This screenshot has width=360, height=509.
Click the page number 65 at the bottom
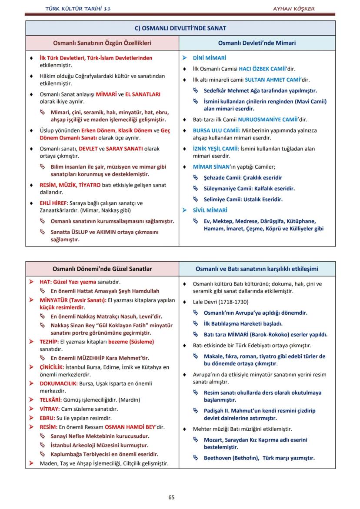coord(171,497)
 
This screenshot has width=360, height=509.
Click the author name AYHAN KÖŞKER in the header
coord(293,9)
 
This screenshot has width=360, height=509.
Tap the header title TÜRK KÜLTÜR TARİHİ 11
coord(78,9)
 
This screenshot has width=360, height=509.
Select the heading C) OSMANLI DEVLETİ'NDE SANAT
coord(180,28)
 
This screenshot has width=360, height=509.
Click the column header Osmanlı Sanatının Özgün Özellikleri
coord(102,43)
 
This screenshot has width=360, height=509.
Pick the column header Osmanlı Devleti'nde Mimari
coord(257,43)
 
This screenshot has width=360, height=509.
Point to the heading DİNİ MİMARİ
coord(210,57)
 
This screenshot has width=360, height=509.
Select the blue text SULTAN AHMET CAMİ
coord(270,80)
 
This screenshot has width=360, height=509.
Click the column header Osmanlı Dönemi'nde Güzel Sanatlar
coord(102,269)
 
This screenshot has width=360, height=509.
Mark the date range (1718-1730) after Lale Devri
coord(233,302)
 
